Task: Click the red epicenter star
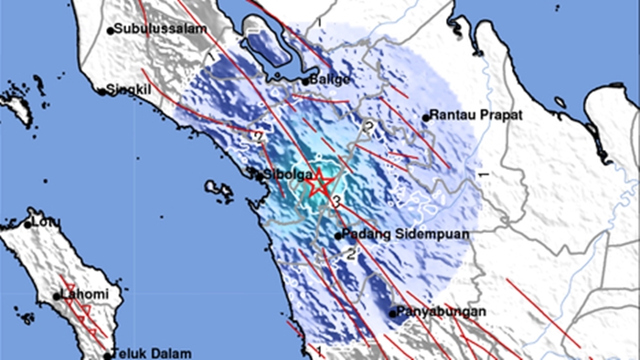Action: (x=319, y=184)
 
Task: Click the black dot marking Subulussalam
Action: (x=112, y=30)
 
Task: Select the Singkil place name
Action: (x=128, y=90)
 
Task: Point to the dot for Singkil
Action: (x=102, y=90)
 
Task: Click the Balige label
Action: (x=331, y=79)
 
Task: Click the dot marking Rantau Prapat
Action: (x=426, y=117)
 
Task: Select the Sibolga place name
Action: (x=284, y=174)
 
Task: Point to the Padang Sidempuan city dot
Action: (x=337, y=236)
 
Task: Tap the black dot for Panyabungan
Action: (x=393, y=313)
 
